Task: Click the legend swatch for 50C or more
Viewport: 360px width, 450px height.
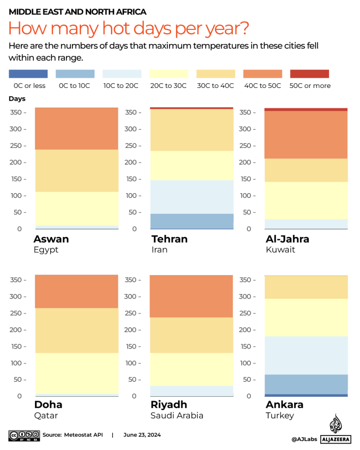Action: click(x=309, y=74)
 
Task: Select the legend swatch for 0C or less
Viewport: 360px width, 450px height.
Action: click(x=28, y=74)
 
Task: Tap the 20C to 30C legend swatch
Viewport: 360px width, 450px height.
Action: click(x=169, y=74)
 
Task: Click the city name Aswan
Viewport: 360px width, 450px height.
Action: click(x=51, y=239)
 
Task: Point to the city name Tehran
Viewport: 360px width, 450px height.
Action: click(x=169, y=239)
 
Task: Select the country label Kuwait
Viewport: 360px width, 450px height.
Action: click(x=281, y=250)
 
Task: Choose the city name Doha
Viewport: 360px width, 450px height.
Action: click(x=48, y=405)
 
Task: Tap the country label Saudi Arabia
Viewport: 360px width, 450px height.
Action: click(x=177, y=415)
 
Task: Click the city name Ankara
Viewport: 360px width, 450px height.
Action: click(x=284, y=405)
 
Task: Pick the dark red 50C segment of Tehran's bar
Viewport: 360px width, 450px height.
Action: click(x=191, y=108)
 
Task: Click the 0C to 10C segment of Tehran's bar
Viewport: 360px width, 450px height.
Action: click(x=191, y=221)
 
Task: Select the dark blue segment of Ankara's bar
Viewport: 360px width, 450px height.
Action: click(x=306, y=395)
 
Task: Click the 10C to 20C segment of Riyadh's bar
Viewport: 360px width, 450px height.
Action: click(x=191, y=391)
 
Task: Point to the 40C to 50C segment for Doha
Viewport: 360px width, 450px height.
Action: click(x=77, y=291)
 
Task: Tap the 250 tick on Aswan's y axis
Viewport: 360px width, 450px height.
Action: click(x=17, y=146)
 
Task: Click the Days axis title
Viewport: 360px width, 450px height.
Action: click(x=17, y=99)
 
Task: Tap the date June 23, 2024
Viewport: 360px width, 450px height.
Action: click(x=142, y=435)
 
